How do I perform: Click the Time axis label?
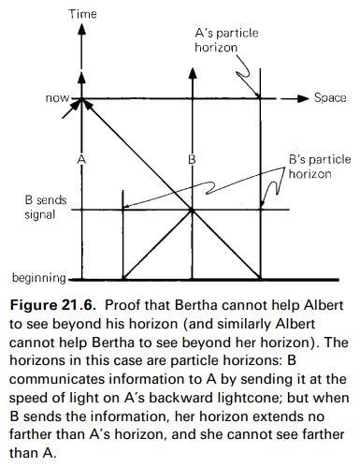pyautogui.click(x=82, y=14)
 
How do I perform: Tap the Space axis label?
pyautogui.click(x=330, y=97)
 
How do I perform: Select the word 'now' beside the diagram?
pyautogui.click(x=57, y=98)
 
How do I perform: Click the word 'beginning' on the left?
pyautogui.click(x=39, y=277)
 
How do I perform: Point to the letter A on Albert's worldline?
pyautogui.click(x=81, y=159)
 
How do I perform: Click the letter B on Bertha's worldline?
pyautogui.click(x=192, y=159)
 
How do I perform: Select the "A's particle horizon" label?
pyautogui.click(x=226, y=40)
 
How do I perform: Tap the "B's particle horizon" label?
pyautogui.click(x=320, y=167)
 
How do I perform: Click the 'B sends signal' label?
pyautogui.click(x=46, y=207)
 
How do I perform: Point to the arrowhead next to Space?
pyautogui.click(x=302, y=98)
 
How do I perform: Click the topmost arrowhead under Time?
pyautogui.click(x=81, y=29)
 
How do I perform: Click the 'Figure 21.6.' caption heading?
pyautogui.click(x=52, y=305)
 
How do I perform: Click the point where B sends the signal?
pyautogui.click(x=192, y=211)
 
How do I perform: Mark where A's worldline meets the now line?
pyautogui.click(x=81, y=99)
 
